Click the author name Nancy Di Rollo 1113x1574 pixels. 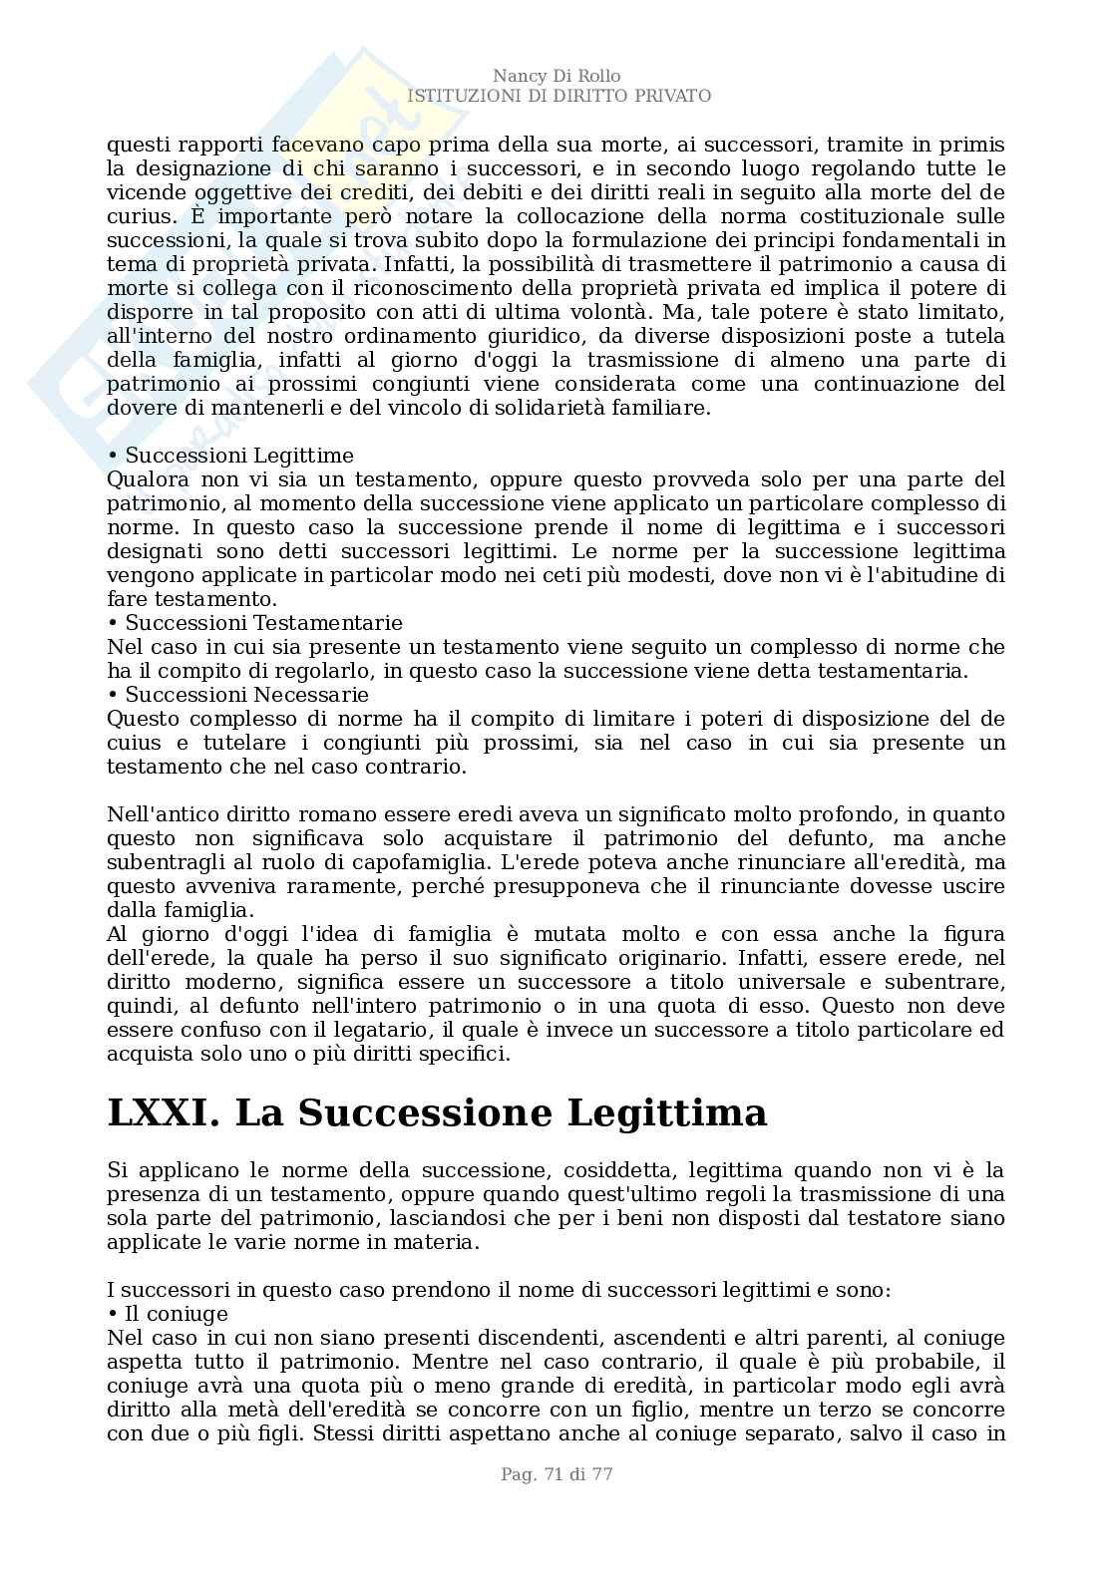556,77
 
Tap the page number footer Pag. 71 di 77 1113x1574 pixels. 556,1474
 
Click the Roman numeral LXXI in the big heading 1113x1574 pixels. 163,1112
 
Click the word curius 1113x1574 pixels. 135,216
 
